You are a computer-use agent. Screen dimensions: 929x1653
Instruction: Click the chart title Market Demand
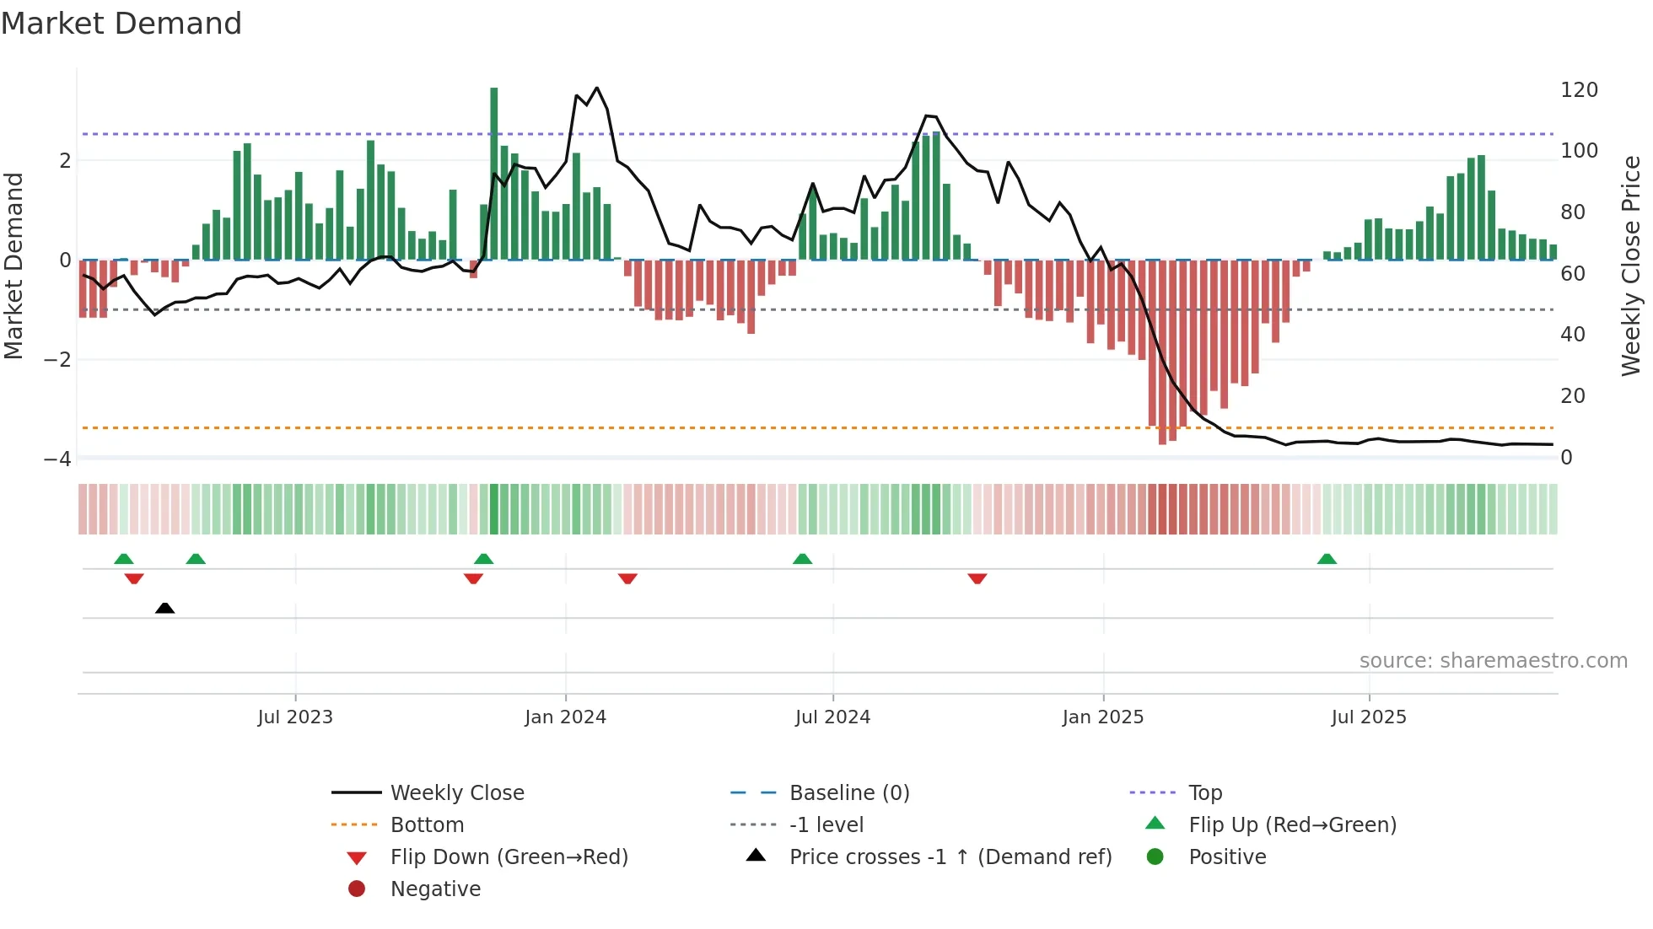click(121, 24)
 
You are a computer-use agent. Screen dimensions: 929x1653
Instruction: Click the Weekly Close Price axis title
click(1631, 266)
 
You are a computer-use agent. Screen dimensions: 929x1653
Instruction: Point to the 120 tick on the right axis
click(1579, 90)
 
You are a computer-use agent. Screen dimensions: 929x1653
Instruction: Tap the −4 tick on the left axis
click(58, 459)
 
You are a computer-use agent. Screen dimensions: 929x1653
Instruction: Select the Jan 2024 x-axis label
click(565, 717)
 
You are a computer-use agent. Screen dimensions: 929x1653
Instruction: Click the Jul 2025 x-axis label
click(1369, 717)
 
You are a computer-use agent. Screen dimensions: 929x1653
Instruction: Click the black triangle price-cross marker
click(165, 608)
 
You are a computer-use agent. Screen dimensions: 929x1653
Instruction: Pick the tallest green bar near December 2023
click(494, 173)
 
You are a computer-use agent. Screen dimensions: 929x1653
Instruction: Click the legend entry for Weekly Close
click(456, 793)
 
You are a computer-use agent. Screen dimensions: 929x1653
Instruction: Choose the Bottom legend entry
click(427, 825)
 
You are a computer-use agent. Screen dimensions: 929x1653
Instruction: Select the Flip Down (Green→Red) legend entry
click(509, 857)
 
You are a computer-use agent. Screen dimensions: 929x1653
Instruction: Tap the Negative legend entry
click(435, 889)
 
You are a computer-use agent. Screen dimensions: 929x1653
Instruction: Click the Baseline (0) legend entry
click(848, 793)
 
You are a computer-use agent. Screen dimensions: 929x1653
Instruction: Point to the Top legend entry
click(1204, 793)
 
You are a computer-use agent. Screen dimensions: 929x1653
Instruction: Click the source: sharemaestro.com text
click(1493, 661)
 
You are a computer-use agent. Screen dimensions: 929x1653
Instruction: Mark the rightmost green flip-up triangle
click(1327, 559)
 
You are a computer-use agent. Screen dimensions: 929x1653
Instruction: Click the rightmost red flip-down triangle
click(977, 578)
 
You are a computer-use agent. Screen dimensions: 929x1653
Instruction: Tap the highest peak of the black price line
click(597, 88)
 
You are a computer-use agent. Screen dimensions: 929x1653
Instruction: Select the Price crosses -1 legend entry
click(950, 857)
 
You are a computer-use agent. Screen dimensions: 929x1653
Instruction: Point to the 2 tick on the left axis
click(66, 160)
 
